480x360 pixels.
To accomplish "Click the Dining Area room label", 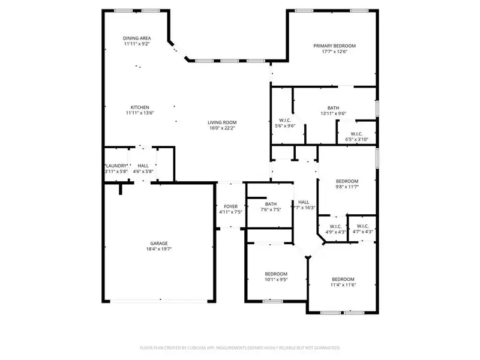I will coord(136,38).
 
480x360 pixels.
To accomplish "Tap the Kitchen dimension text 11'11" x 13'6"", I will coord(140,113).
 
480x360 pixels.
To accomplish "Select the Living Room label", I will coord(222,122).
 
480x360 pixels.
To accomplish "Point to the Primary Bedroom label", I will coord(335,46).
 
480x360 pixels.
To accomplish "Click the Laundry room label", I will coord(116,166).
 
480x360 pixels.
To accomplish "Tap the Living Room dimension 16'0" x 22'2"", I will coord(222,128).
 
